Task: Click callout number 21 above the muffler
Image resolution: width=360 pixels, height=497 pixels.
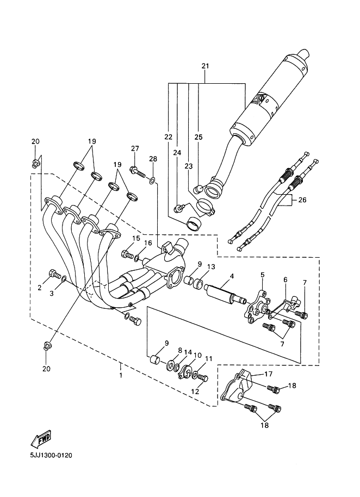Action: click(x=205, y=66)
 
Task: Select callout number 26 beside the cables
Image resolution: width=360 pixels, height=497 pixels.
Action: click(x=302, y=200)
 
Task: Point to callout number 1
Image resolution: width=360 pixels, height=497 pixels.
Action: click(x=120, y=375)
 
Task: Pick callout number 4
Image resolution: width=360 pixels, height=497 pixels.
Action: click(x=232, y=276)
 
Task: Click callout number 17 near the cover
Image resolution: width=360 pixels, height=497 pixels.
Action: click(x=268, y=374)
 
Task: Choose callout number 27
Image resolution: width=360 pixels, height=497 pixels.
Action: click(x=135, y=149)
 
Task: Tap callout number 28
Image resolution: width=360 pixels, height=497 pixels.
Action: click(x=153, y=158)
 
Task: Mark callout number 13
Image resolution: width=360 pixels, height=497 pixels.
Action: click(x=211, y=267)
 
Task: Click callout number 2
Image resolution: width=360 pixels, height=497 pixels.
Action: click(x=40, y=288)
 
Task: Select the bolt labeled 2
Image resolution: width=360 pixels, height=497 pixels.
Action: click(x=54, y=275)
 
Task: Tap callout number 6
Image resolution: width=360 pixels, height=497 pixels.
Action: click(x=284, y=280)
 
